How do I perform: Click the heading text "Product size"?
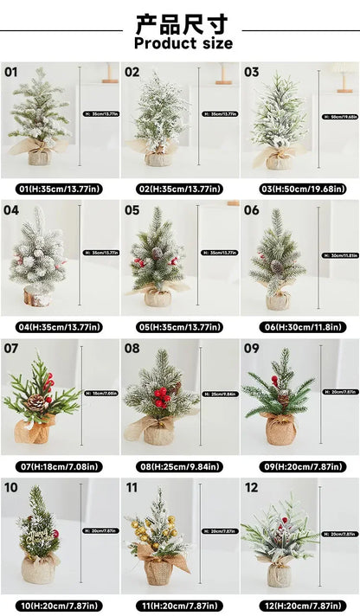point(183,42)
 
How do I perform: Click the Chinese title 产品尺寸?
point(182,22)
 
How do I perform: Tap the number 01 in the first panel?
point(10,73)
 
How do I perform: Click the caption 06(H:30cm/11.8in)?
point(300,327)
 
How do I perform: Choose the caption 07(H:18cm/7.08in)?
point(59,465)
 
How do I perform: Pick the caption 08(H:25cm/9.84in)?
point(180,465)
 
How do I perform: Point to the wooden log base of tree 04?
point(39,298)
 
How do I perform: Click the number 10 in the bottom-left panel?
point(10,487)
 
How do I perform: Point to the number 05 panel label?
point(132,210)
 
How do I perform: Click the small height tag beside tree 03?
point(339,116)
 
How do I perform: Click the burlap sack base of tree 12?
point(279,573)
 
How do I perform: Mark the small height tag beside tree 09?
point(339,392)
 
